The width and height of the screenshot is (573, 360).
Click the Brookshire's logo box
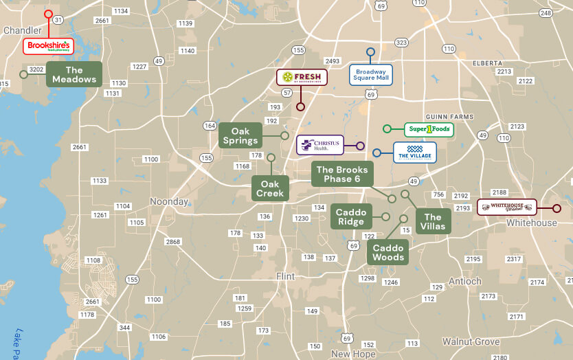click(x=48, y=47)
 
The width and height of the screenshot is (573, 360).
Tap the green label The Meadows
click(x=74, y=74)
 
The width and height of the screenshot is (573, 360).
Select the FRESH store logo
click(x=302, y=77)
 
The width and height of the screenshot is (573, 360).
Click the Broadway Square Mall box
click(x=371, y=74)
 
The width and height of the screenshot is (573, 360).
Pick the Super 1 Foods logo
click(x=429, y=129)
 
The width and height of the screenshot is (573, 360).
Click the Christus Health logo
click(x=320, y=145)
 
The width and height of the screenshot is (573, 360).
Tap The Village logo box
click(x=414, y=153)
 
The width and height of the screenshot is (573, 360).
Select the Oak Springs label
click(x=240, y=135)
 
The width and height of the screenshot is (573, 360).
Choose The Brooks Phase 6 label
click(x=341, y=175)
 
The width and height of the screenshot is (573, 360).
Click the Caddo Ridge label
click(x=350, y=216)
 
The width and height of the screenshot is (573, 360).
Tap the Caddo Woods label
click(x=388, y=252)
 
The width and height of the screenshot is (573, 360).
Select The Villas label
click(x=433, y=221)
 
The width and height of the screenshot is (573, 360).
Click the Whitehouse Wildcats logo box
click(x=507, y=207)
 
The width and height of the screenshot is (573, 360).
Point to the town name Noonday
click(x=169, y=202)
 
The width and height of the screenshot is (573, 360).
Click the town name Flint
click(x=284, y=276)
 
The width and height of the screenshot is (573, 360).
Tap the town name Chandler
click(x=23, y=30)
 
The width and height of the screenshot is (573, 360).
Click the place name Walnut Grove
click(x=471, y=341)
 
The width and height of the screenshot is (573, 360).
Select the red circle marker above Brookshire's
click(x=48, y=14)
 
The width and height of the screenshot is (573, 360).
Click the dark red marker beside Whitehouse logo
click(x=557, y=208)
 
